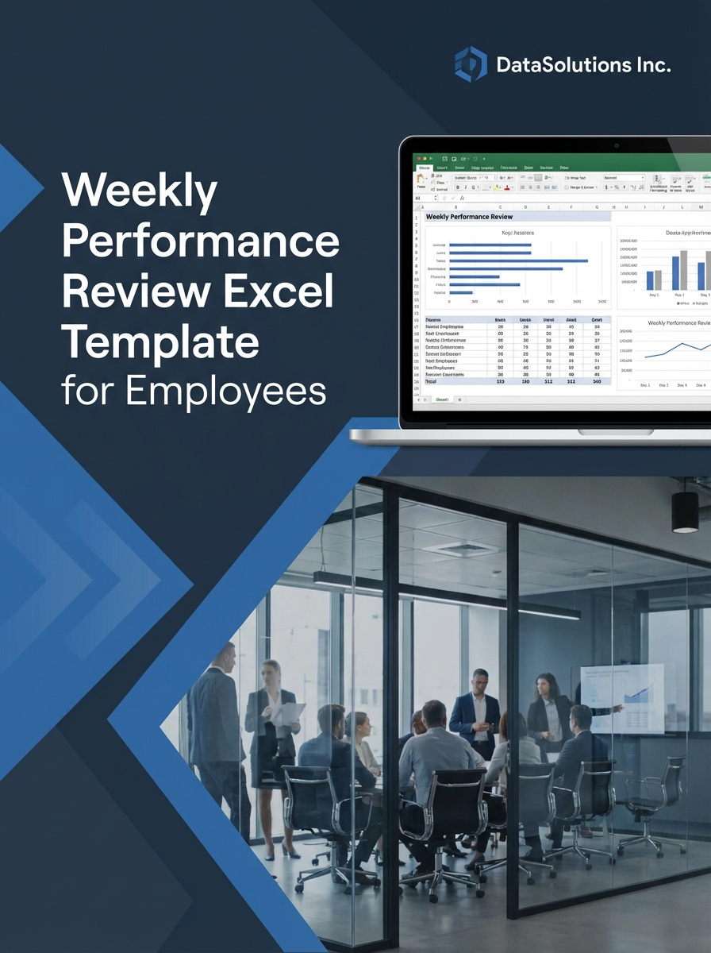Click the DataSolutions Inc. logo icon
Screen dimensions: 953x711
[x=471, y=64]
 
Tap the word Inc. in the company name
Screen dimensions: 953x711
[x=651, y=64]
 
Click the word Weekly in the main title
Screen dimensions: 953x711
[x=140, y=192]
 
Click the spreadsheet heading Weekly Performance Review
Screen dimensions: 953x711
[x=470, y=217]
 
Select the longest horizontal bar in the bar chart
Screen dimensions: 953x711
[x=518, y=260]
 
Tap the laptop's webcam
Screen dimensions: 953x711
[x=617, y=146]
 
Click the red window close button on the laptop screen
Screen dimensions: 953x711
[x=417, y=159]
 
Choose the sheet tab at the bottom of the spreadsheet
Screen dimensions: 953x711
[x=442, y=399]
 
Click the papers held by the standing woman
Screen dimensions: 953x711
[x=287, y=713]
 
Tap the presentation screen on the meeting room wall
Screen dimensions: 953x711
[x=623, y=697]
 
